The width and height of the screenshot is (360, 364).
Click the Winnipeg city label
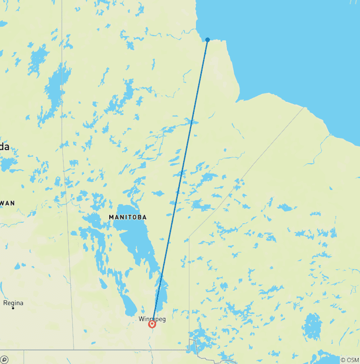(x=152, y=319)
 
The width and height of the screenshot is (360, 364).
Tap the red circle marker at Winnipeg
(x=152, y=324)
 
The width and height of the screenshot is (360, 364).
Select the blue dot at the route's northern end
(x=208, y=40)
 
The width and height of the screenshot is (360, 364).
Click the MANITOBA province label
(x=127, y=217)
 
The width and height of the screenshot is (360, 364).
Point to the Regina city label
(x=13, y=303)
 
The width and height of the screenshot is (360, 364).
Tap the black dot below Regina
(x=13, y=308)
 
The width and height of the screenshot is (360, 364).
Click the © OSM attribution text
(x=350, y=360)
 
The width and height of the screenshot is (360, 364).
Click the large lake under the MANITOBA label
(x=136, y=239)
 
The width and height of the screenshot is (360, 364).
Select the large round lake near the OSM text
(x=312, y=326)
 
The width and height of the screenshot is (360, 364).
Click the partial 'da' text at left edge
(x=4, y=147)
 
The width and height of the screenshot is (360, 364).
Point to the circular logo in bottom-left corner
(x=4, y=359)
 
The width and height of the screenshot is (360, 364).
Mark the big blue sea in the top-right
(x=291, y=47)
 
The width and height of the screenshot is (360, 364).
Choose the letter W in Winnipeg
(x=141, y=319)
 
